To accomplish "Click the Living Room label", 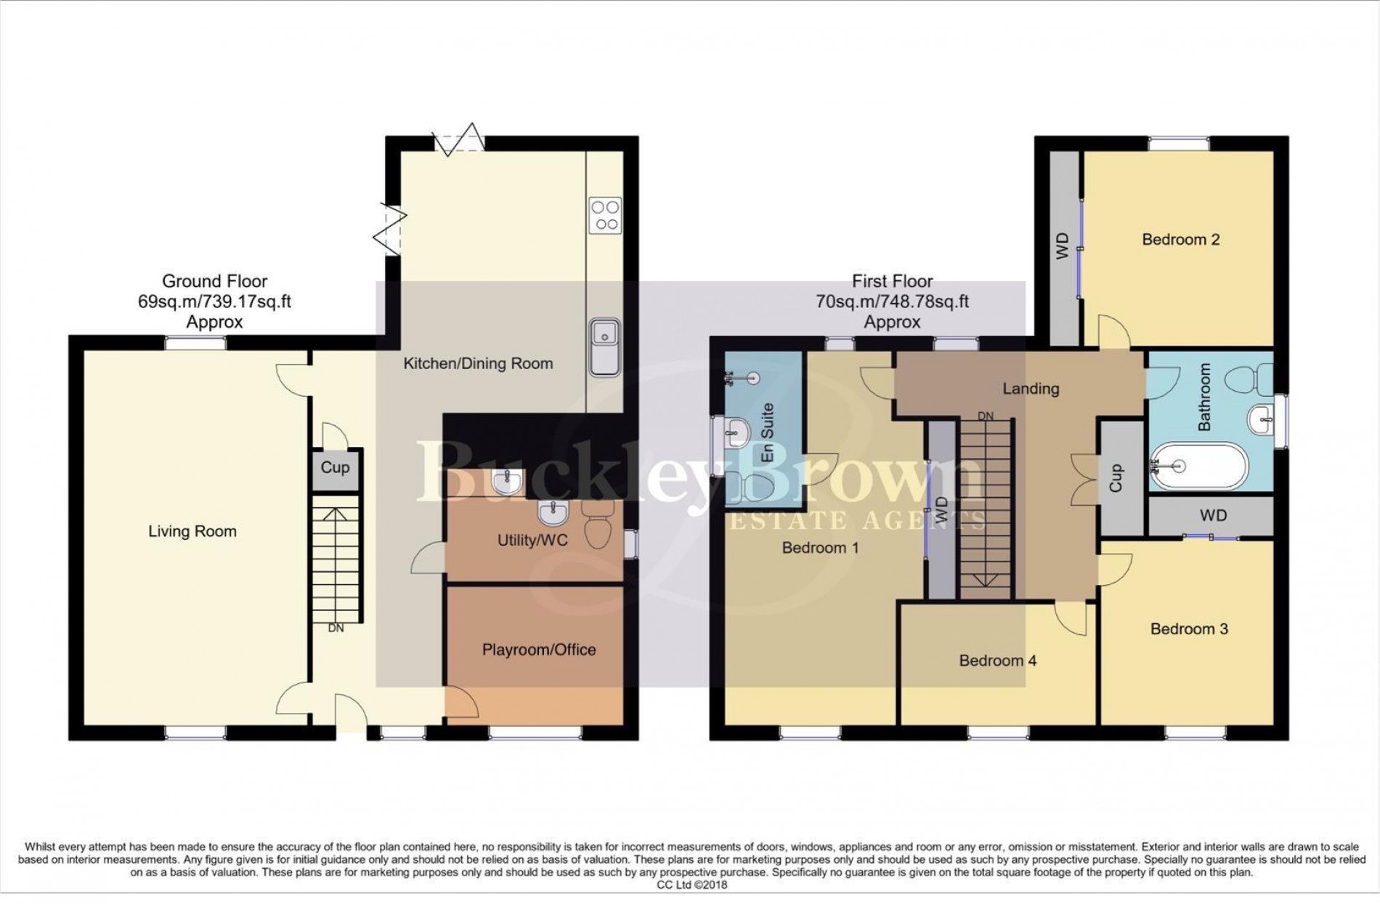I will click(192, 531).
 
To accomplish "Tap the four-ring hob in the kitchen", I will click(605, 215).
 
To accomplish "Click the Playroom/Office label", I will click(539, 650).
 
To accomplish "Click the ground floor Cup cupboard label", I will click(335, 467).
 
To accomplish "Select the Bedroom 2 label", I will click(1180, 239).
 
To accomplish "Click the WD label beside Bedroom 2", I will click(1062, 246).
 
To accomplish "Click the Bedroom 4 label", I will click(997, 661).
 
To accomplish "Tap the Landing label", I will click(1031, 389).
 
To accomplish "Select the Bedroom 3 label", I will click(1189, 629).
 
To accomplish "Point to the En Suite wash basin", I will click(734, 433).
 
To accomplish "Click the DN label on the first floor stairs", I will click(985, 416).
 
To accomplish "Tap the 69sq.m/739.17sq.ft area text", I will click(214, 302).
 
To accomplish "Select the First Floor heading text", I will click(892, 281).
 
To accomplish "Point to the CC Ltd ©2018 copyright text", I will click(691, 885).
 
